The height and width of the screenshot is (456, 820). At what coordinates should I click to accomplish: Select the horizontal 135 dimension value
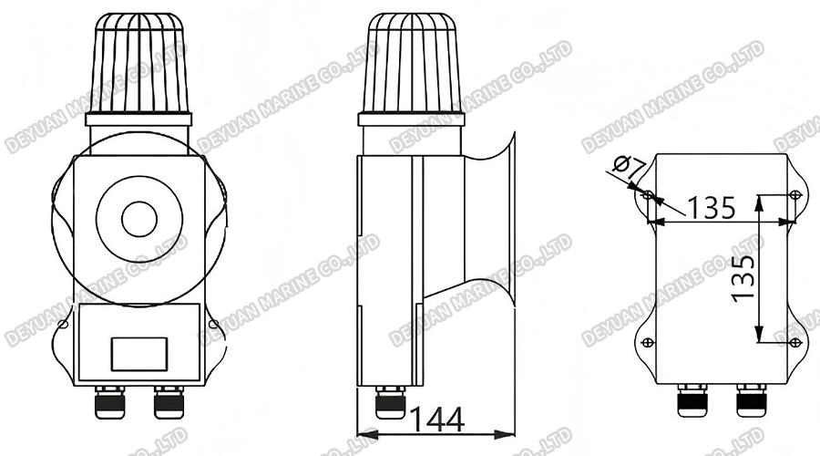pos(711,208)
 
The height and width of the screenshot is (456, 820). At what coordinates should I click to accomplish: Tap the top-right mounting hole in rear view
pos(794,194)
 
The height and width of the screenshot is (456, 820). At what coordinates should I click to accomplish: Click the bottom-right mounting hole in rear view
pos(794,342)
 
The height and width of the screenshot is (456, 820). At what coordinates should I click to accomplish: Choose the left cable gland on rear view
pos(690,399)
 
